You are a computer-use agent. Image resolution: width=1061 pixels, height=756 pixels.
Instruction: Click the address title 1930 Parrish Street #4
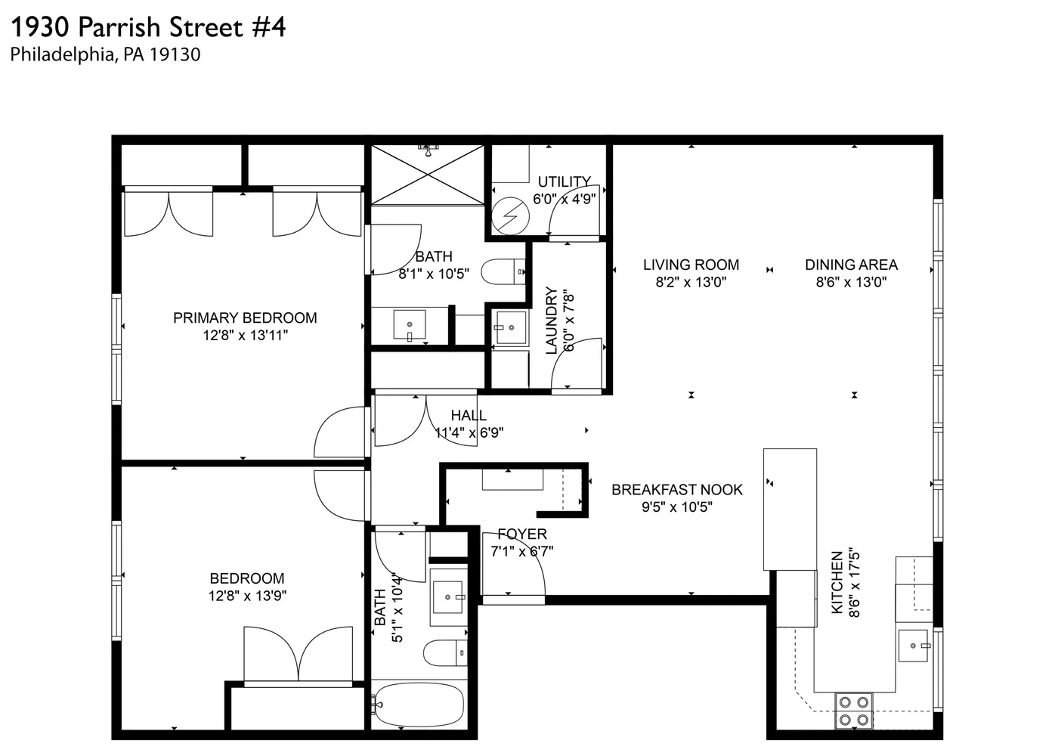click(x=148, y=27)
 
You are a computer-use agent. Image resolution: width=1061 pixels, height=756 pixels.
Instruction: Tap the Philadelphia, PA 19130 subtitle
click(x=105, y=54)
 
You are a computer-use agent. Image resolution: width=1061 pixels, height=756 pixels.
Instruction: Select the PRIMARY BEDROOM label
click(x=245, y=318)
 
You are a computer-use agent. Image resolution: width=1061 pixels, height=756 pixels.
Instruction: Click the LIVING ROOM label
click(x=691, y=265)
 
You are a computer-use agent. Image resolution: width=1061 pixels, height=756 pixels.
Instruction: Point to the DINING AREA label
click(x=851, y=265)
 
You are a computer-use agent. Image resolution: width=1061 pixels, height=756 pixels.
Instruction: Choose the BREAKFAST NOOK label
click(x=676, y=489)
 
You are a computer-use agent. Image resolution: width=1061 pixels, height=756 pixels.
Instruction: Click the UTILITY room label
click(x=564, y=181)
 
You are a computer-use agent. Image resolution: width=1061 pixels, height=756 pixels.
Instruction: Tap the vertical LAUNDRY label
click(x=551, y=321)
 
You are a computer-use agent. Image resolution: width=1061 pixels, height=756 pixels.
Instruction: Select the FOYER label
click(x=521, y=534)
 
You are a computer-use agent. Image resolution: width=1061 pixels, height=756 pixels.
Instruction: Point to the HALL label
click(x=469, y=415)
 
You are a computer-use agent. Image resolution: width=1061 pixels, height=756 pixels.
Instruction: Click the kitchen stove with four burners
click(x=853, y=711)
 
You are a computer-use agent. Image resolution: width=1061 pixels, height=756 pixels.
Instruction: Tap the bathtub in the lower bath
click(x=417, y=705)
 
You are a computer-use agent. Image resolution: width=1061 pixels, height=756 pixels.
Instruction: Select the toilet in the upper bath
click(x=503, y=271)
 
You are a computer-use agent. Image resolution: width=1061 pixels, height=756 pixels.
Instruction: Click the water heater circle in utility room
click(x=509, y=216)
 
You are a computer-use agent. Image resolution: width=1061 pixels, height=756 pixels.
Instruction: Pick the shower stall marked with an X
click(x=427, y=175)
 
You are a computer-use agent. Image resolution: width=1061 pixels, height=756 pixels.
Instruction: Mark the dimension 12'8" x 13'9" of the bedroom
click(x=247, y=596)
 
